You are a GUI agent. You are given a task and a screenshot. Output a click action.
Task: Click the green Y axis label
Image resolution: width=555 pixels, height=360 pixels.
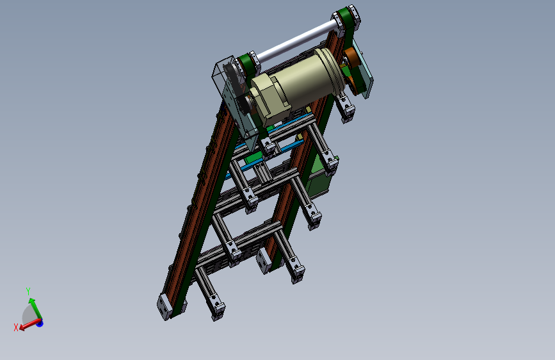click(28, 291)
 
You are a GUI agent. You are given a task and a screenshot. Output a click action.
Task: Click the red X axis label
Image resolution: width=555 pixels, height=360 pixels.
click(15, 327)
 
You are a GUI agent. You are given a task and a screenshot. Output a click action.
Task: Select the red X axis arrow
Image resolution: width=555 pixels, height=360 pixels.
click(29, 324)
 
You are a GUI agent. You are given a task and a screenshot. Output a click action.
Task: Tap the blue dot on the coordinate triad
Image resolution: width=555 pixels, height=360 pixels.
click(39, 323)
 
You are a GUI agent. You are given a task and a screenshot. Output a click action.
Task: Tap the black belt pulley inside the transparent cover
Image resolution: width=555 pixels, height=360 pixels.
click(234, 78)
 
